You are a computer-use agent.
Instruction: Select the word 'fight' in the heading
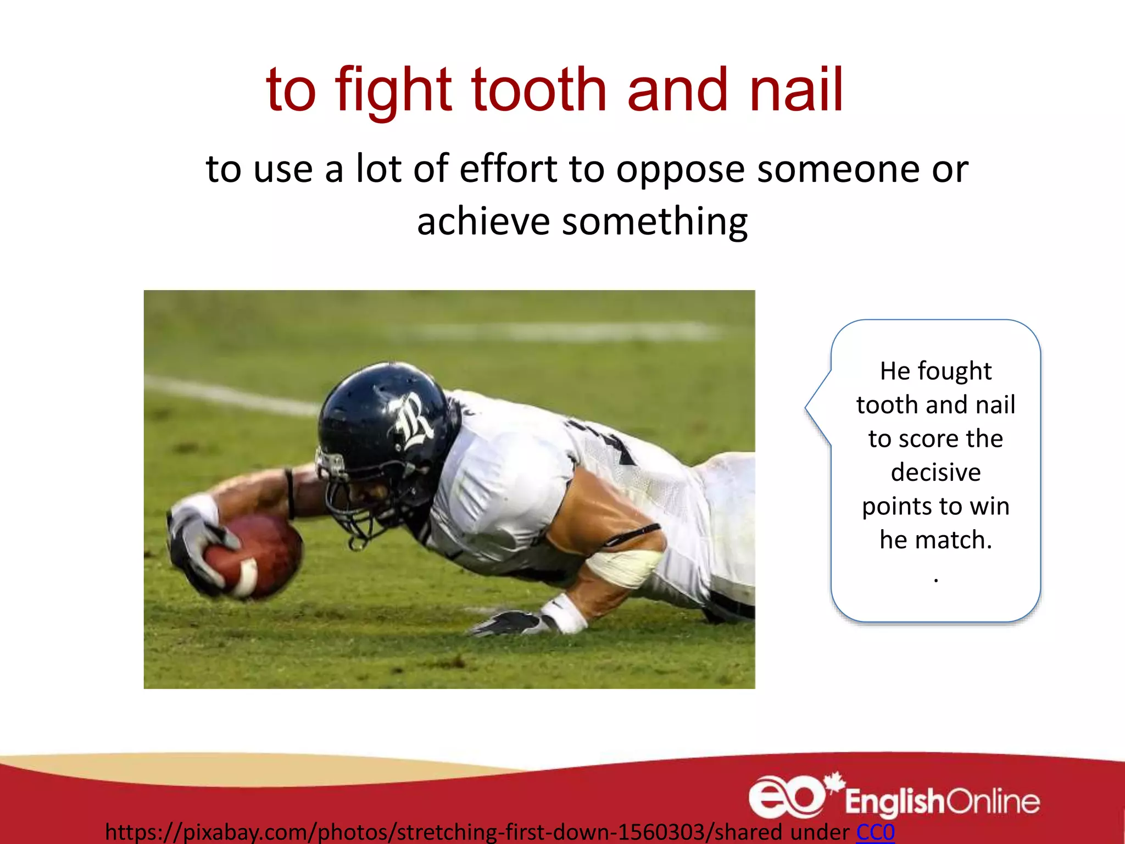393,91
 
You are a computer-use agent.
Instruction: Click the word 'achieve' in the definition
483,221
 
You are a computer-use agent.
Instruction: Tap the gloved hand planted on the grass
511,623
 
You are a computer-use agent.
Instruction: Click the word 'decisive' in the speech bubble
935,473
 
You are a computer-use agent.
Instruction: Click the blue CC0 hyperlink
875,831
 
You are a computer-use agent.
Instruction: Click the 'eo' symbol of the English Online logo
786,797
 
